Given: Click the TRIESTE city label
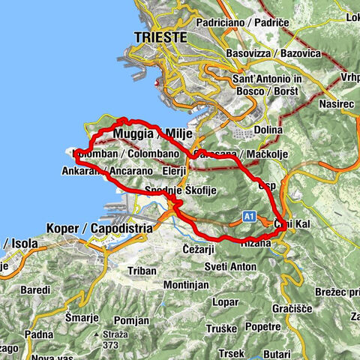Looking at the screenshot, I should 157,36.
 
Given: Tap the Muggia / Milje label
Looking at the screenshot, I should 152,133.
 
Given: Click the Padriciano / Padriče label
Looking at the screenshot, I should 242,23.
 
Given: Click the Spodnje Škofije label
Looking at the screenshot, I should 181,190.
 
